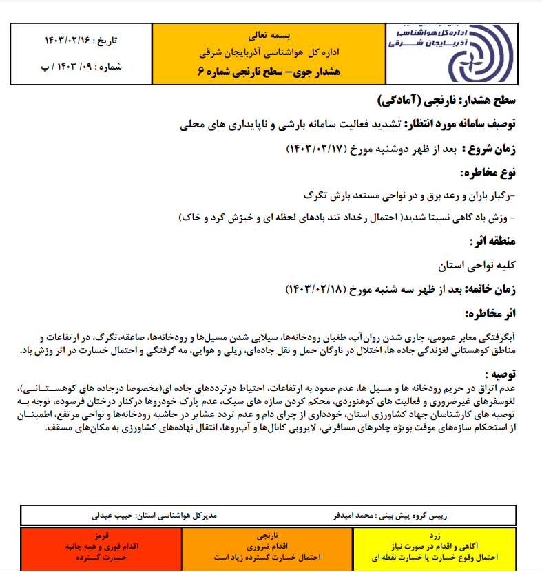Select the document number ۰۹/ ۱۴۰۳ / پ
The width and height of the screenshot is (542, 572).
tap(59, 69)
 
